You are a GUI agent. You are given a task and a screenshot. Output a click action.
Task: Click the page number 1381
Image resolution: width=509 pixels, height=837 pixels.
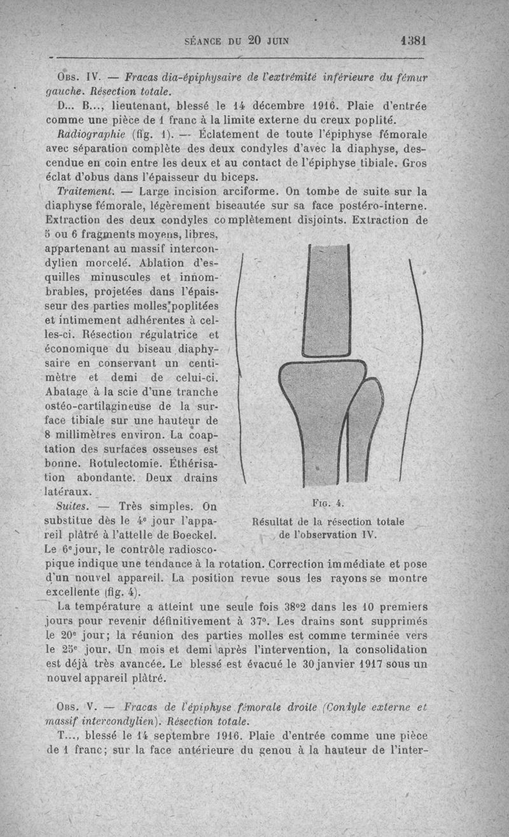[413, 39]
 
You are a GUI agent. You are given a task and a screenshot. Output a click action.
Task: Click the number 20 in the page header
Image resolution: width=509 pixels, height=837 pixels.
[255, 39]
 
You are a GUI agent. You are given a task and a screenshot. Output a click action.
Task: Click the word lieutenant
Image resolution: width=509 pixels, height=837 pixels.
[129, 105]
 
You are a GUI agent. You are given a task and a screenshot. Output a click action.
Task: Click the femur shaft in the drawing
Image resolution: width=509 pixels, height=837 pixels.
[326, 299]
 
